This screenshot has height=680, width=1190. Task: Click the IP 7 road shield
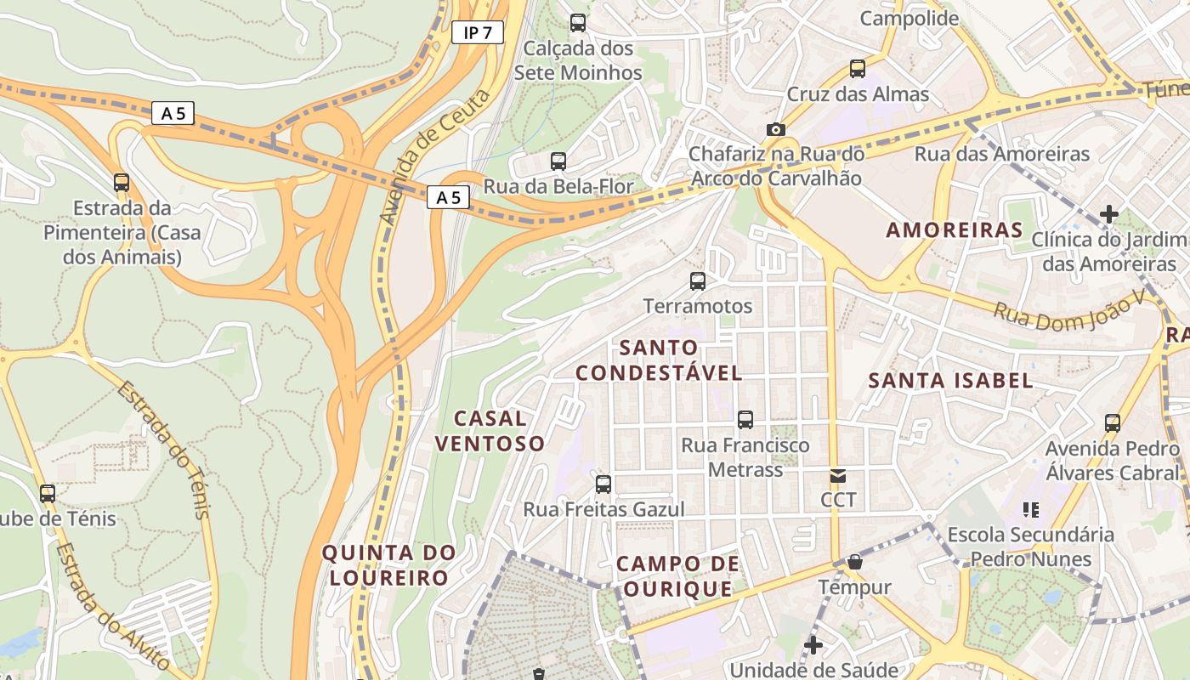coord(477,33)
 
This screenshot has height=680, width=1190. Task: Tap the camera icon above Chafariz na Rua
coord(775,129)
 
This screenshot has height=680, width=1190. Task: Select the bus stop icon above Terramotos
coord(698,280)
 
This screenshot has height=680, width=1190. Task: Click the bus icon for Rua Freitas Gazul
coord(603,484)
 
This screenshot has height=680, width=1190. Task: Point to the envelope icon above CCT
coord(838,476)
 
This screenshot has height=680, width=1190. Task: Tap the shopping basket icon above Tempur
coord(855,562)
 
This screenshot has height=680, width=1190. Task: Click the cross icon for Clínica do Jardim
coord(1108,214)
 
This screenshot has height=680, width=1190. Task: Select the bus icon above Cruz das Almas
coord(858,69)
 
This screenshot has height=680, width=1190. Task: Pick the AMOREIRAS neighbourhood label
coord(955,229)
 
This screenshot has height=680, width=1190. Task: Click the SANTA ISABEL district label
coord(950,380)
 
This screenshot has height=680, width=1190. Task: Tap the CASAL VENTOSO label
coord(490,430)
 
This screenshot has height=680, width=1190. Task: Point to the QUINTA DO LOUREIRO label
coord(388,565)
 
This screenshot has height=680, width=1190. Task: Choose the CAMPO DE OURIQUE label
coord(677,575)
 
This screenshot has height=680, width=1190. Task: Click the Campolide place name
coord(909,18)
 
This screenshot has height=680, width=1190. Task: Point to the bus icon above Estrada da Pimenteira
coord(122,182)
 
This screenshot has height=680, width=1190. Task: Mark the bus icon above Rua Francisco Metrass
coord(745,419)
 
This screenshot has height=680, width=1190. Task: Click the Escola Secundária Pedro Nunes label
coord(1030,547)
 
